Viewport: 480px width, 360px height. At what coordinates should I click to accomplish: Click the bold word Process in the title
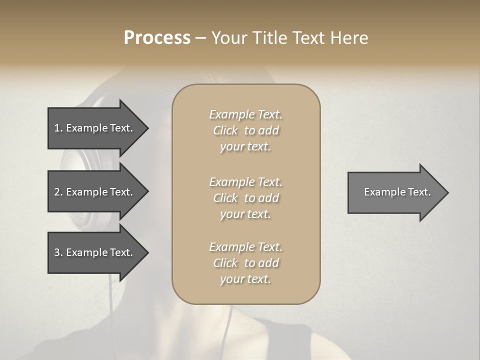157,38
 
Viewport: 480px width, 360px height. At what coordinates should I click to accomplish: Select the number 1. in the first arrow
58,128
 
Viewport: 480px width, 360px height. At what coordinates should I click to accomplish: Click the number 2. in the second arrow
58,192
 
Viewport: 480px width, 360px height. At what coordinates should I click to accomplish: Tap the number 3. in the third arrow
58,252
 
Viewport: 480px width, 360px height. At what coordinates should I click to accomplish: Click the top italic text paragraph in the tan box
245,130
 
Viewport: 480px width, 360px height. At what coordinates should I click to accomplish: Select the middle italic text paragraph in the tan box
245,198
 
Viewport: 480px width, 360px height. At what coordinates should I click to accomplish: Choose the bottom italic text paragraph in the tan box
245,263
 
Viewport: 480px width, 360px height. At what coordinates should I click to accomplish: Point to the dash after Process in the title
200,38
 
